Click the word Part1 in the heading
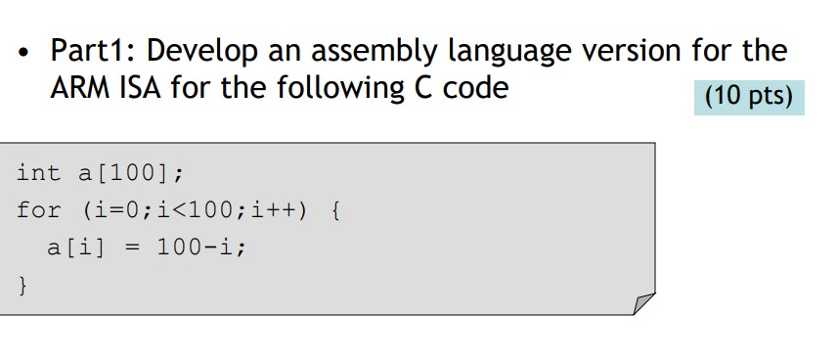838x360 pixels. click(x=91, y=49)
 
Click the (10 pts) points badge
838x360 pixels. click(x=749, y=97)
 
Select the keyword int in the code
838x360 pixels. click(x=38, y=173)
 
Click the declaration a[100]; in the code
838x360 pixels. click(x=129, y=174)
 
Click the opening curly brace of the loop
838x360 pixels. click(x=337, y=210)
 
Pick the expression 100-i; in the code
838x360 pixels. click(x=201, y=247)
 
